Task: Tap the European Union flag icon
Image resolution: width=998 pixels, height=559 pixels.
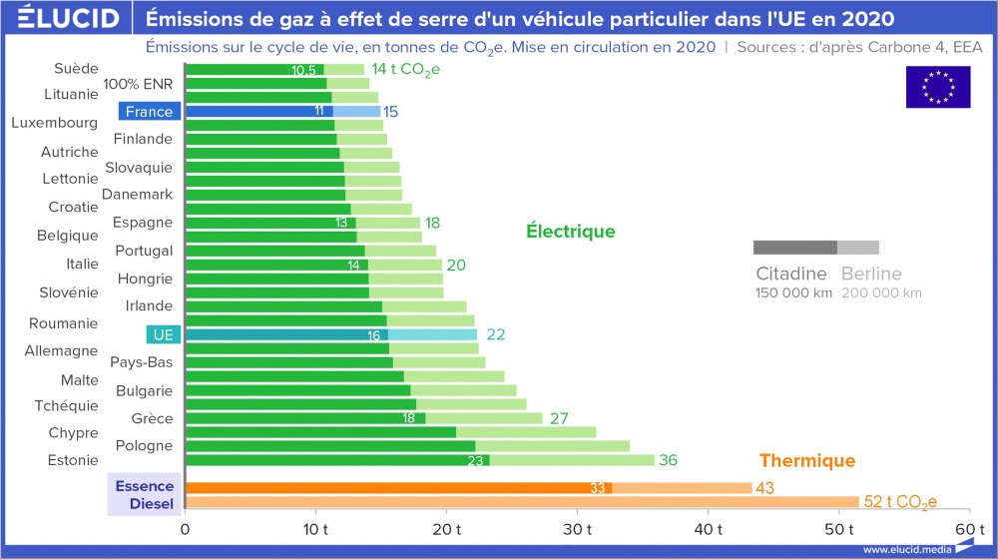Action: tap(937, 87)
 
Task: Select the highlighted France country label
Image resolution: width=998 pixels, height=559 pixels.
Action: tap(149, 112)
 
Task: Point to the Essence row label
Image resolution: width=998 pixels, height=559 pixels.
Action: tap(145, 486)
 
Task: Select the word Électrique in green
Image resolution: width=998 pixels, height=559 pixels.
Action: tap(571, 232)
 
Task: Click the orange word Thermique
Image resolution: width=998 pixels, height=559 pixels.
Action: tap(806, 460)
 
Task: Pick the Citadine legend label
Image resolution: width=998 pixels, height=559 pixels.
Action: tap(790, 274)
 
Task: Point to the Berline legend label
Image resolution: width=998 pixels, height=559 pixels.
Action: tap(871, 274)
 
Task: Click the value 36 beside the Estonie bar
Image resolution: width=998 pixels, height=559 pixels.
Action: tap(668, 460)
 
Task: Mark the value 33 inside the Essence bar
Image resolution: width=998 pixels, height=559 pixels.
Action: tap(599, 487)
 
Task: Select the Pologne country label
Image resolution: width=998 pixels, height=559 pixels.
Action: tap(144, 445)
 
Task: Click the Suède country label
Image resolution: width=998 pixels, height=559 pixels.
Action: tap(76, 68)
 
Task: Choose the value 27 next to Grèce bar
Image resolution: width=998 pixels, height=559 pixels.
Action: tap(559, 418)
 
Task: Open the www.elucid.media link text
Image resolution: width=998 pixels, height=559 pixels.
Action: tap(906, 549)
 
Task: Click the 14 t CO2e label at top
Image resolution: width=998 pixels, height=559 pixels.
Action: tap(404, 69)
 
